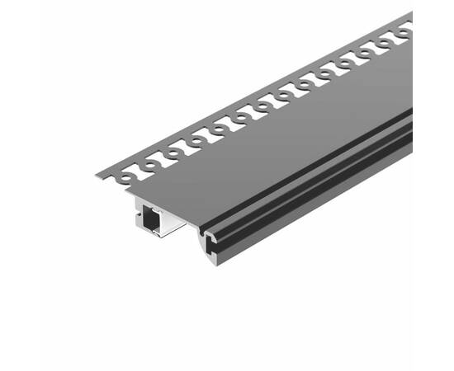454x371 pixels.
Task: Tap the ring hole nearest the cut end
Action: [127, 176]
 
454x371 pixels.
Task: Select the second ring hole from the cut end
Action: [151, 165]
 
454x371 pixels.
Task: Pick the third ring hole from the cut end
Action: [174, 153]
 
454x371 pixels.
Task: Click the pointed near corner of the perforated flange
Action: [97, 174]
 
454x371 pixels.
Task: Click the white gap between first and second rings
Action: [139, 175]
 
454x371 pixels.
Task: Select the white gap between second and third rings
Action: [162, 163]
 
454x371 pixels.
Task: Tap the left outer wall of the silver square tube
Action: [137, 217]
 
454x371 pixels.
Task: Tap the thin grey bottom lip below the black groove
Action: [330, 198]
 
